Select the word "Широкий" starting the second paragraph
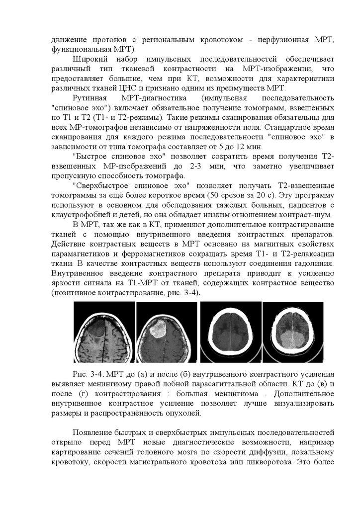[x=90, y=60]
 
